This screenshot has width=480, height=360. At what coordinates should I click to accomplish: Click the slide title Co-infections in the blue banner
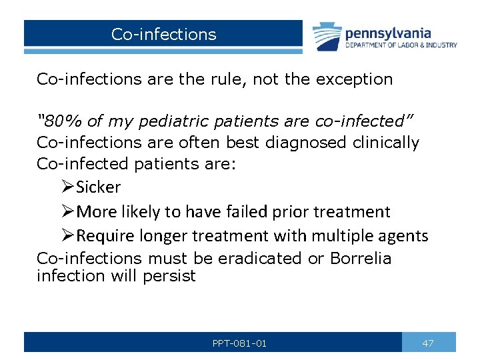pos(163,34)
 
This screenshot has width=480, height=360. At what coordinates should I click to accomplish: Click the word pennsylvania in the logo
pos(388,33)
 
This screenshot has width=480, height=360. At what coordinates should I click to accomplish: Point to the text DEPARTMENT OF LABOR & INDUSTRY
pos(401,45)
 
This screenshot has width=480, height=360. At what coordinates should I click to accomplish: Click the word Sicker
pos(98,187)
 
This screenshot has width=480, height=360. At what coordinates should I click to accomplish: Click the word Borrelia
pos(361,258)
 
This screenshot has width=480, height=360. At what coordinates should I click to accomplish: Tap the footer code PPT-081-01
pos(239,343)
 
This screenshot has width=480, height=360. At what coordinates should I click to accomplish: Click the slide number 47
pos(428,343)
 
